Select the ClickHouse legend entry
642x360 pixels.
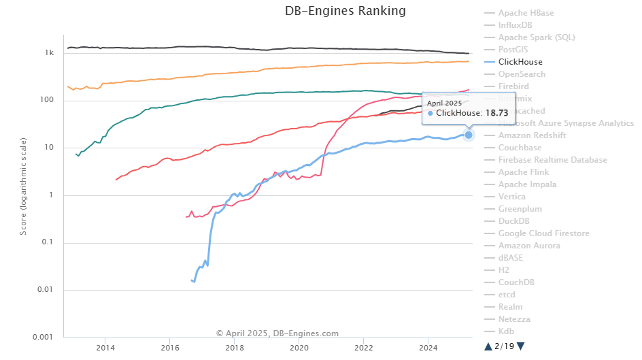tap(520, 61)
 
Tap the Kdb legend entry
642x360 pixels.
tap(507, 331)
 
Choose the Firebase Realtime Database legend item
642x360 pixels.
tap(552, 159)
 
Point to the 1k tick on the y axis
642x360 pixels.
tap(49, 53)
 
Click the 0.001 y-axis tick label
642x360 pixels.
tap(44, 338)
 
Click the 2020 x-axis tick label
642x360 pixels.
tap(299, 348)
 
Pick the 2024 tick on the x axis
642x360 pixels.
tap(428, 348)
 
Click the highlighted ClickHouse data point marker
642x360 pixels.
tap(469, 135)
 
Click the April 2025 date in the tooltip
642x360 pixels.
tap(443, 103)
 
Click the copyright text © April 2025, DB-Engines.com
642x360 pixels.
tap(277, 333)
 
